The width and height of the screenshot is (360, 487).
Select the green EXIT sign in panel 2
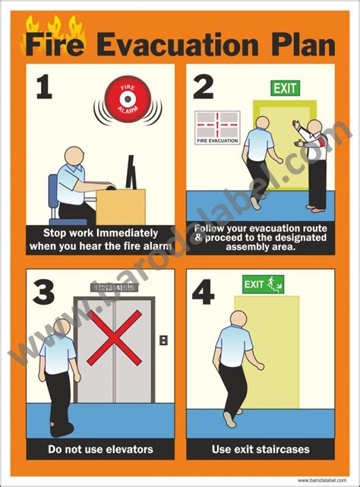(285, 88)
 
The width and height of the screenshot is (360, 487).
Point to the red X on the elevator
(114, 337)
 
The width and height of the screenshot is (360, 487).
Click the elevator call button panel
(163, 340)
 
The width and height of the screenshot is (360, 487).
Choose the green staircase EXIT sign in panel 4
(263, 285)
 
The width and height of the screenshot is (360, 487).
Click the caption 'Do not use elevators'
(100, 449)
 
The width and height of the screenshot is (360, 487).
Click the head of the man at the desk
(73, 157)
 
